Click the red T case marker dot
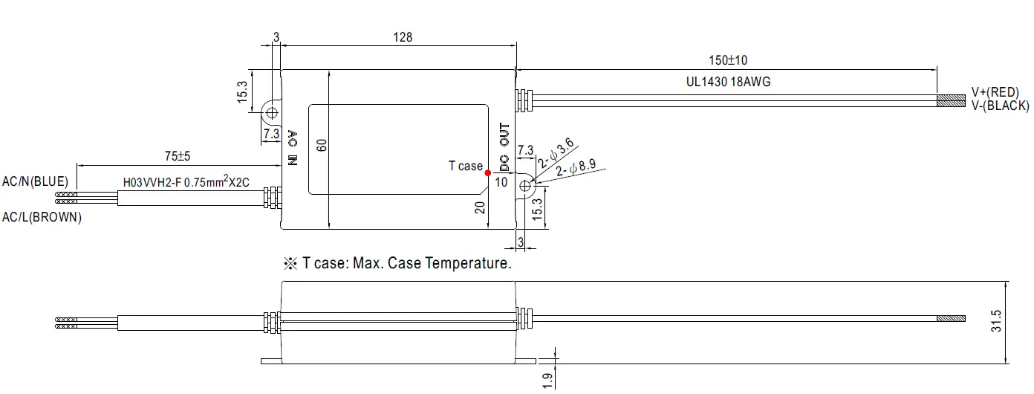(488, 173)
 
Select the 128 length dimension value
(403, 37)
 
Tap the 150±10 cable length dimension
(727, 60)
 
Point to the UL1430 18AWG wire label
(728, 82)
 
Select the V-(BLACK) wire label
(1000, 106)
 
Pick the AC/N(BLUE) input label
(36, 181)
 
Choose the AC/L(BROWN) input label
(42, 218)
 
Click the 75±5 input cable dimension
(178, 157)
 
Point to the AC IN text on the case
(293, 148)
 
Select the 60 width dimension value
(322, 146)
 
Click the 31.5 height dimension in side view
(997, 321)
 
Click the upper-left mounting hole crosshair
(272, 112)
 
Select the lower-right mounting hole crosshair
(525, 187)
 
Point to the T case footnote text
(398, 263)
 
